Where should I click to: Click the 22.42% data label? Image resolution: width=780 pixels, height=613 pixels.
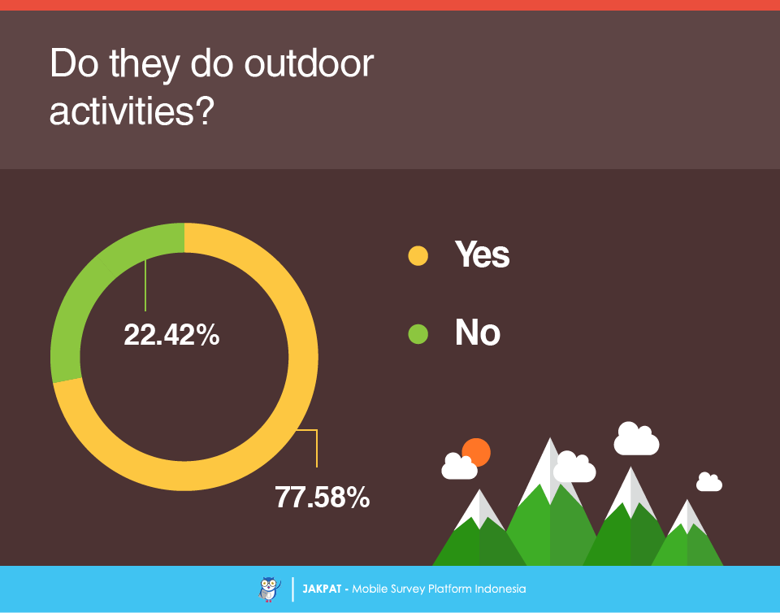tap(171, 334)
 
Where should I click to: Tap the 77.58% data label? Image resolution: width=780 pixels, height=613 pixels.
tap(323, 497)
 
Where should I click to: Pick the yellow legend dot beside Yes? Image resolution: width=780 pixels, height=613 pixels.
tap(418, 256)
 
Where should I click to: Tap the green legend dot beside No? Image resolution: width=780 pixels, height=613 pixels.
tap(418, 334)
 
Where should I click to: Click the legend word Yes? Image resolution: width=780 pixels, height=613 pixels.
tap(482, 254)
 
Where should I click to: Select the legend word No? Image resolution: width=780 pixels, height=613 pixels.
tap(478, 333)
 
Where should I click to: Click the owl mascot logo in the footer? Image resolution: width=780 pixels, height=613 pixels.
tap(269, 589)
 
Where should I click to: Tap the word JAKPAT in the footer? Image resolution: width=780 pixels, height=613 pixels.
tap(322, 589)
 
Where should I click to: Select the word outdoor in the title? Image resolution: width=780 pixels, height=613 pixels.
tap(309, 63)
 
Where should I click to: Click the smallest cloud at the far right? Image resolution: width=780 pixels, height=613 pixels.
tap(708, 482)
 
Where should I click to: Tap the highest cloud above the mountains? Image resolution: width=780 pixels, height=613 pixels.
tap(636, 438)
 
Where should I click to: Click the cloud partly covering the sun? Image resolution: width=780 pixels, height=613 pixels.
tap(459, 467)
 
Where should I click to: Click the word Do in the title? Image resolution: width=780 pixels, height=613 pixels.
tap(74, 63)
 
